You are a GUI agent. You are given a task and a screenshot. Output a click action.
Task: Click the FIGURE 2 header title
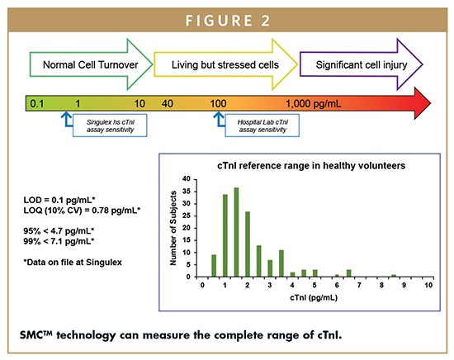pos(228,21)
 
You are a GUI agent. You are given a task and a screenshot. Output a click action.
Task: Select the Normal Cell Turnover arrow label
pos(90,65)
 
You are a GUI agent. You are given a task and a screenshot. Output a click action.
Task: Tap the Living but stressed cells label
pos(225,65)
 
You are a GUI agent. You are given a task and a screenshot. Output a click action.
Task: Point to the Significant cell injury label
pos(362,65)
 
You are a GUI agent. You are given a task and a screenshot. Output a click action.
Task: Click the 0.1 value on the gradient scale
pos(37,103)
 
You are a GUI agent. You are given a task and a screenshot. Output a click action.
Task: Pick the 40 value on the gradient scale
pos(167,103)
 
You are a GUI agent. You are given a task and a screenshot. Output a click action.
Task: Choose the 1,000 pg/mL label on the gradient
pos(314,103)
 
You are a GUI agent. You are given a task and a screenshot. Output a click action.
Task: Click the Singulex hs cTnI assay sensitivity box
pos(110,126)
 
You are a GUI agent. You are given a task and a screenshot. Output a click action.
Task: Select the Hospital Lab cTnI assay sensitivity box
pos(262,126)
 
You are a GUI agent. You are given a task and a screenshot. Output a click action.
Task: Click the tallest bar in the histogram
pos(236,232)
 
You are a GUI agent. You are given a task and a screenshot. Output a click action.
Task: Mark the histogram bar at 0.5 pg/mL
pos(214,266)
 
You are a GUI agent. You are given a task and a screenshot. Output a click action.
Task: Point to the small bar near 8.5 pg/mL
pos(394,276)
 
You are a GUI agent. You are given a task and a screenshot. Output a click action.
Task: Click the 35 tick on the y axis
pos(187,192)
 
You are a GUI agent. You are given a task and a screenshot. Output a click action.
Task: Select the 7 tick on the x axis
pos(359,286)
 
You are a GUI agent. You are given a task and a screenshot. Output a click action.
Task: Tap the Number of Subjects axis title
pos(173,228)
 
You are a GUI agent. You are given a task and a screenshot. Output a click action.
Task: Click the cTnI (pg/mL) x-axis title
pos(314,297)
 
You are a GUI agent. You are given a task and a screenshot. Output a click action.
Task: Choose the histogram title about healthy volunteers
pos(311,166)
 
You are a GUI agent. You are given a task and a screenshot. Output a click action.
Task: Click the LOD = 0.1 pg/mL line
pos(59,200)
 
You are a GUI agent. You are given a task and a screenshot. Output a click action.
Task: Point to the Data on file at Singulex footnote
pos(73,263)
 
